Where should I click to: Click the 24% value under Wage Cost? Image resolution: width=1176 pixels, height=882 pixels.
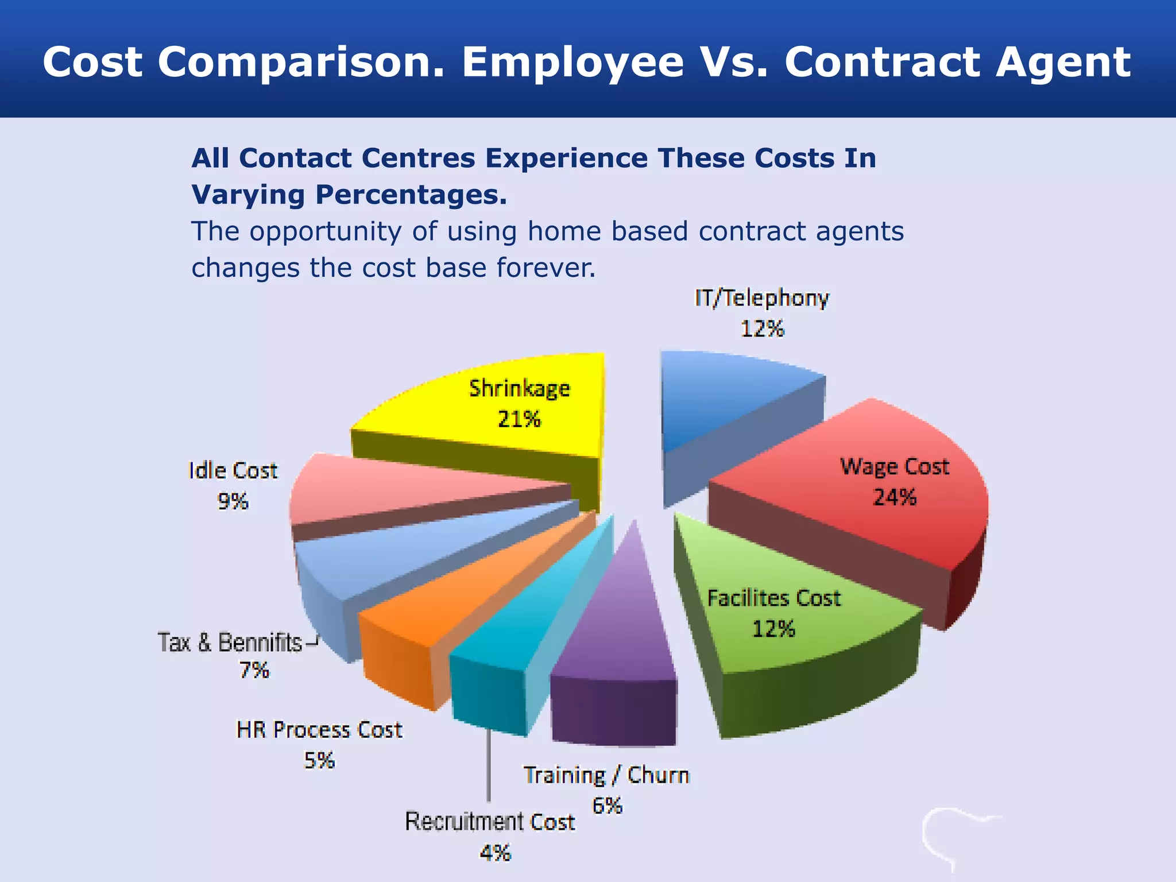[894, 497]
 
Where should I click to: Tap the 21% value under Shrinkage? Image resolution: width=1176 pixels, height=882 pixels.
[519, 420]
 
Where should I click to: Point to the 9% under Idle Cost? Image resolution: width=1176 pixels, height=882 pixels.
[233, 502]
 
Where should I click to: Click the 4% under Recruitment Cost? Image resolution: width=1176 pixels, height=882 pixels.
[495, 853]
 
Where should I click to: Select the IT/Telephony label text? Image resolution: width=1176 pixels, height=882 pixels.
[762, 299]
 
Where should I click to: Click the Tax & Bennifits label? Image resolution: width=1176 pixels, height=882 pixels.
[230, 643]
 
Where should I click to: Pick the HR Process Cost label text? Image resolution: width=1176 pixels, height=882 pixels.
[319, 730]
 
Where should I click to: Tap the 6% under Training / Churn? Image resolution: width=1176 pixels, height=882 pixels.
[607, 806]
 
